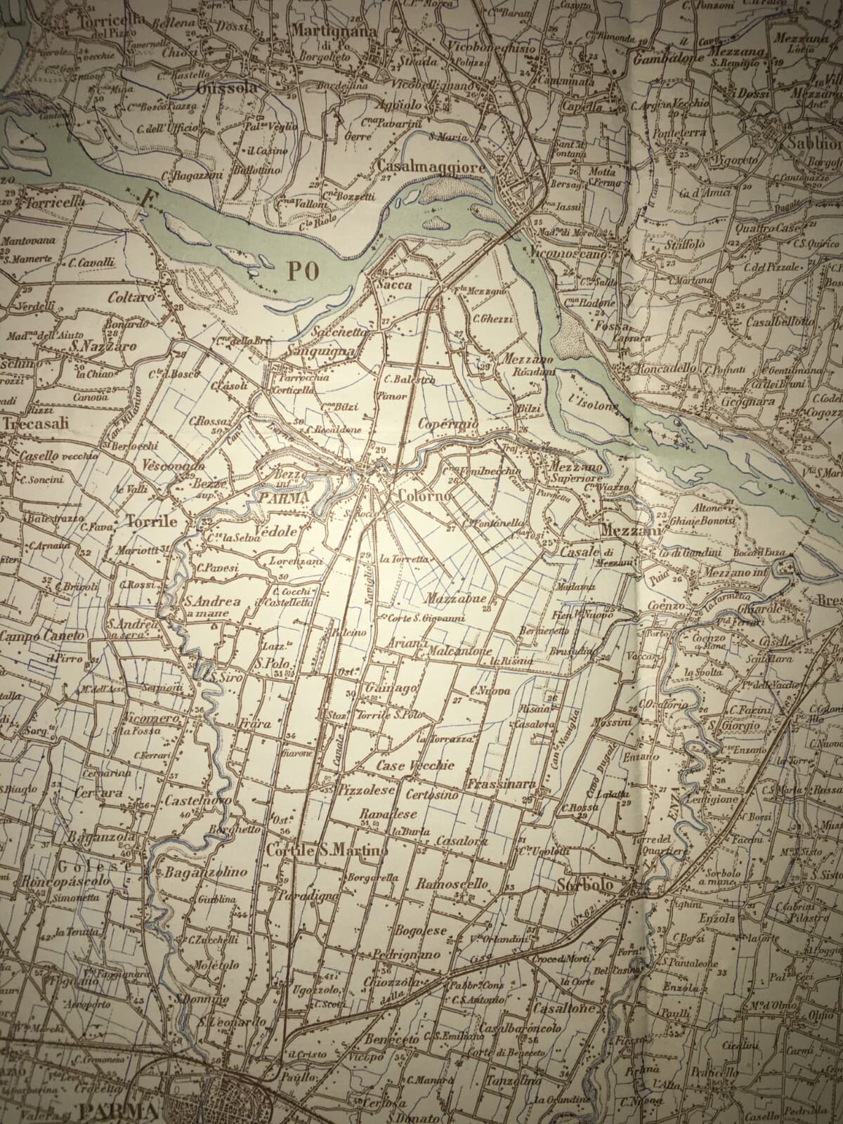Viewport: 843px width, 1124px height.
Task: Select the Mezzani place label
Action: (x=630, y=532)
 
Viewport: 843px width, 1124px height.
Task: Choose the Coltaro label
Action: (x=131, y=297)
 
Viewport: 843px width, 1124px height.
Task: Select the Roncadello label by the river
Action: (x=665, y=369)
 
